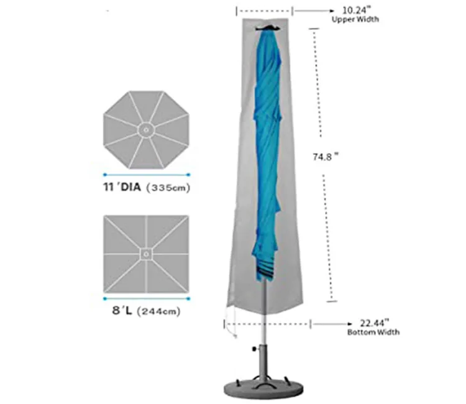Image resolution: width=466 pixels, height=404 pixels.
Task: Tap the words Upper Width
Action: (x=355, y=20)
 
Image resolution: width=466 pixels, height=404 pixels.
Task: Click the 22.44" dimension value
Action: (x=373, y=322)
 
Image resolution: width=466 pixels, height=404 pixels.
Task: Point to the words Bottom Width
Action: (x=373, y=333)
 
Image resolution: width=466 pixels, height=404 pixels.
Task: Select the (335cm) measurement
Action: (x=167, y=187)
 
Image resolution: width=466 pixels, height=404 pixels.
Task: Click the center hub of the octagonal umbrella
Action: (x=145, y=129)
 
